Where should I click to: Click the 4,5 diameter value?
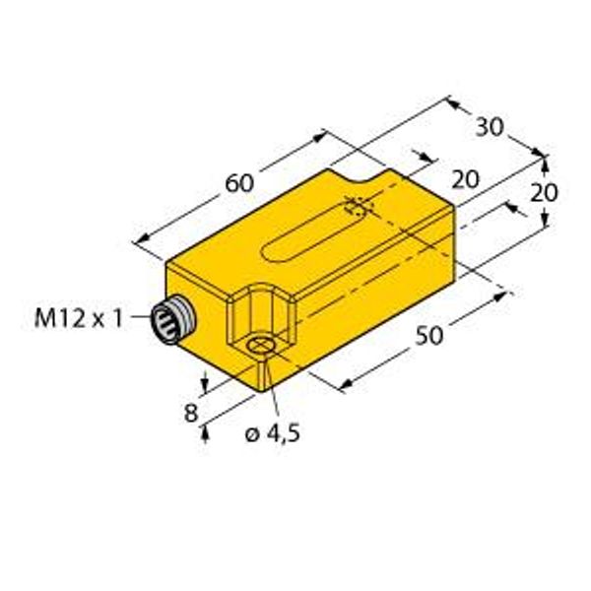[281, 434]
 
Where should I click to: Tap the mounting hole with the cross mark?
[261, 345]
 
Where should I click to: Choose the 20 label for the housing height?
[545, 192]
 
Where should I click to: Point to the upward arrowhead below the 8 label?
[204, 432]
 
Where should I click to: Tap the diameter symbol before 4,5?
[249, 434]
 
